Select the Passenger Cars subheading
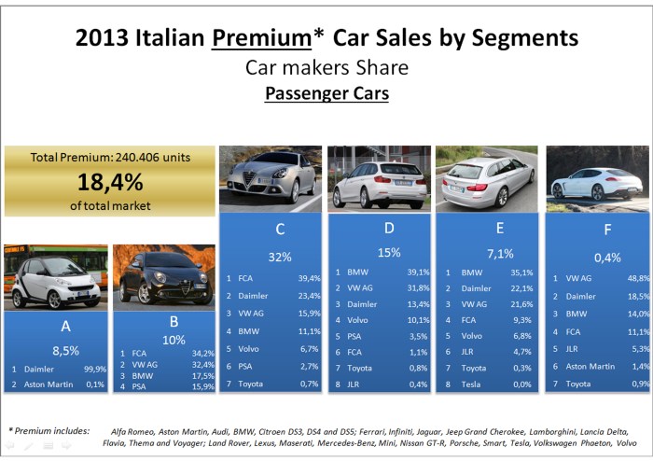(x=326, y=94)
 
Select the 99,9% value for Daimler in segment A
(x=92, y=370)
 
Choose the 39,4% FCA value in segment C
(x=309, y=278)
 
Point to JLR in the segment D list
(x=352, y=384)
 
